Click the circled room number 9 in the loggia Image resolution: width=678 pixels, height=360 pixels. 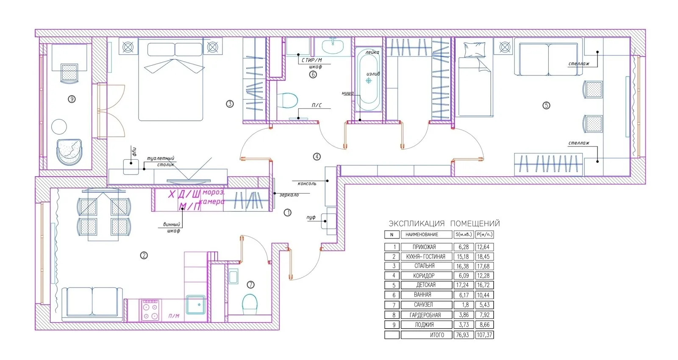click(72, 99)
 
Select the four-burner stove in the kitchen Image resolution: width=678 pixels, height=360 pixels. click(150, 310)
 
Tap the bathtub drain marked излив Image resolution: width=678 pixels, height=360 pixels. click(368, 80)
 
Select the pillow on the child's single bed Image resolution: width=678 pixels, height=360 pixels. click(474, 50)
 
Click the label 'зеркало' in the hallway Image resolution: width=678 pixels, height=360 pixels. click(289, 195)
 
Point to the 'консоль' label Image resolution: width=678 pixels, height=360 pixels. click(307, 184)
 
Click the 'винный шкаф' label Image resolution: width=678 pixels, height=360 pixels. click(172, 227)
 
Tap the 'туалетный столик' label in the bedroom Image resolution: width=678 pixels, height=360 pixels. click(161, 161)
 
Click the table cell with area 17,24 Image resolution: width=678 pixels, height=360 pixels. click(463, 285)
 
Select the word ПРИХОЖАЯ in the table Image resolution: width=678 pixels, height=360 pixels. click(424, 247)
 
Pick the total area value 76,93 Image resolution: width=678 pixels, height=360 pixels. click(463, 335)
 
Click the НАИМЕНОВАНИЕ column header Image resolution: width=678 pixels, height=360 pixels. click(422, 235)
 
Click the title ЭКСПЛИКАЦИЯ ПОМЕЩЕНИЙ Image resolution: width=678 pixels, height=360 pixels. click(444, 223)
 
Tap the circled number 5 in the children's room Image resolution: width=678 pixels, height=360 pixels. click(546, 105)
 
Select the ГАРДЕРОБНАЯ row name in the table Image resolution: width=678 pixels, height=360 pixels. click(425, 315)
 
